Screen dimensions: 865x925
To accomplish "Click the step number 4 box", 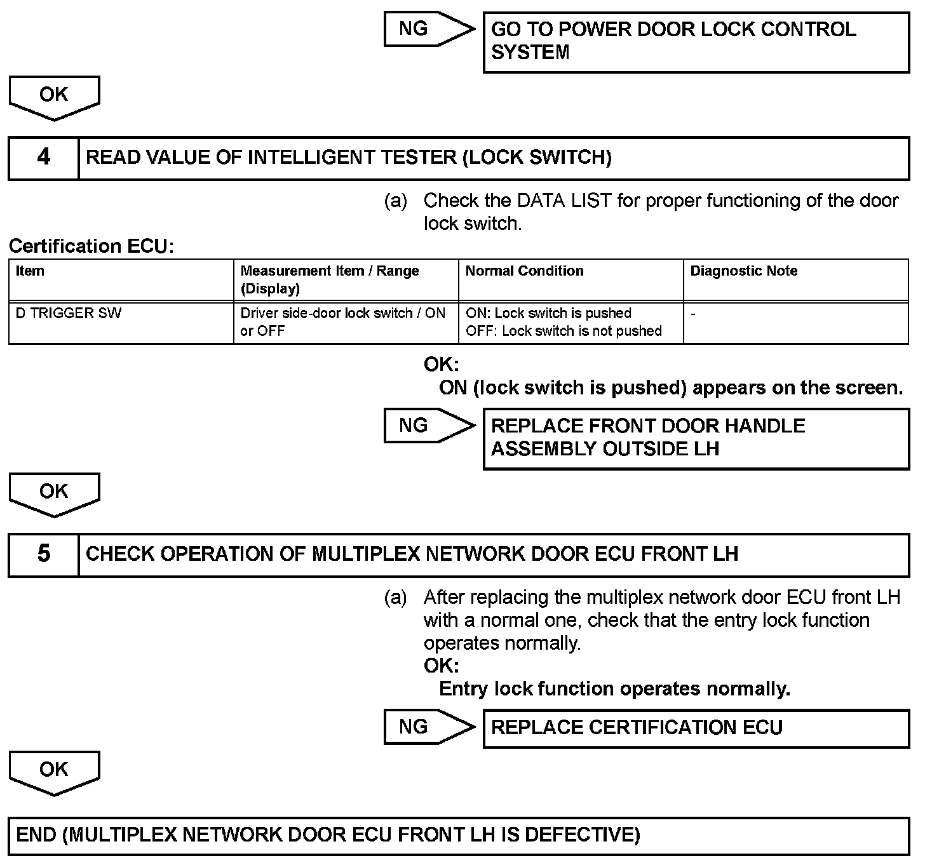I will [x=43, y=158].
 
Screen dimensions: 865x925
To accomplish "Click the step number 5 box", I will [x=43, y=554].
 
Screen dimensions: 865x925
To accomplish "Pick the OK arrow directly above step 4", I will [x=54, y=97].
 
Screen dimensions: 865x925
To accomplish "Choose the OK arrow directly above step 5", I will [x=54, y=493].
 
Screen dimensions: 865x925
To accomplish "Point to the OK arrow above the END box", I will [x=54, y=772].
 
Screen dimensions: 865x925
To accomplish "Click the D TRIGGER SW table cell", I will [x=69, y=314].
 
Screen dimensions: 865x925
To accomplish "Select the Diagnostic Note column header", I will [x=744, y=271].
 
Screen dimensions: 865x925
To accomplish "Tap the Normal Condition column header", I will [x=524, y=271].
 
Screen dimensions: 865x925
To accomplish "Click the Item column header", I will [x=30, y=271].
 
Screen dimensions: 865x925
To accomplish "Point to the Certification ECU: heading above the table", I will [x=91, y=246].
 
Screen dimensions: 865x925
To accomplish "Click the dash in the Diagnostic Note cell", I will [x=693, y=314].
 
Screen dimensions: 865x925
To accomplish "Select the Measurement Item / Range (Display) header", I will [x=329, y=279].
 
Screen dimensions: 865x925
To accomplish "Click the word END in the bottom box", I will [x=36, y=835].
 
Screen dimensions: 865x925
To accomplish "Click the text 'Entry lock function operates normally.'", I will [x=614, y=689].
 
